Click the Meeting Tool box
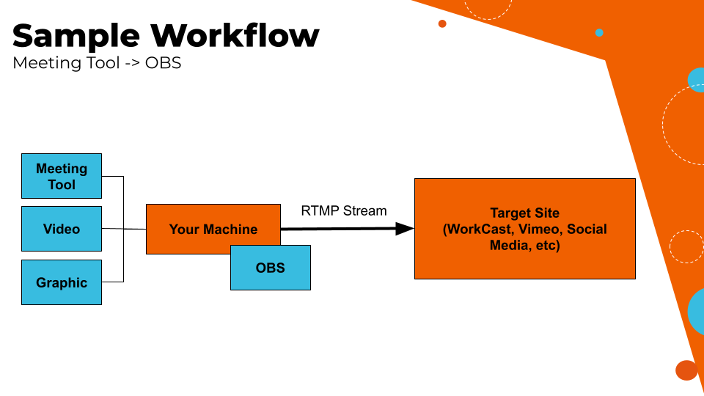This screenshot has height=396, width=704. (62, 176)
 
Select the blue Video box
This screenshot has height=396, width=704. (62, 229)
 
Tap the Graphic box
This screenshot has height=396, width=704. (62, 282)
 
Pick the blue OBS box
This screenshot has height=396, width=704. (271, 268)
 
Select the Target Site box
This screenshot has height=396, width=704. (524, 229)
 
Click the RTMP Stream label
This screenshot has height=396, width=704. (343, 211)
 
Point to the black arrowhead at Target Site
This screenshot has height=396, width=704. (405, 229)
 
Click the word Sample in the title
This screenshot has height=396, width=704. (76, 35)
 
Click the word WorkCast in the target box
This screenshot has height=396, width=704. (478, 229)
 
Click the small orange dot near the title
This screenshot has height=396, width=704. (442, 23)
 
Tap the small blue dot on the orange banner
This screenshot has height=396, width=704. (599, 32)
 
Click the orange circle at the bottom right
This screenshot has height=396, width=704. (686, 370)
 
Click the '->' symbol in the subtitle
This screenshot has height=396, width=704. (132, 63)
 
